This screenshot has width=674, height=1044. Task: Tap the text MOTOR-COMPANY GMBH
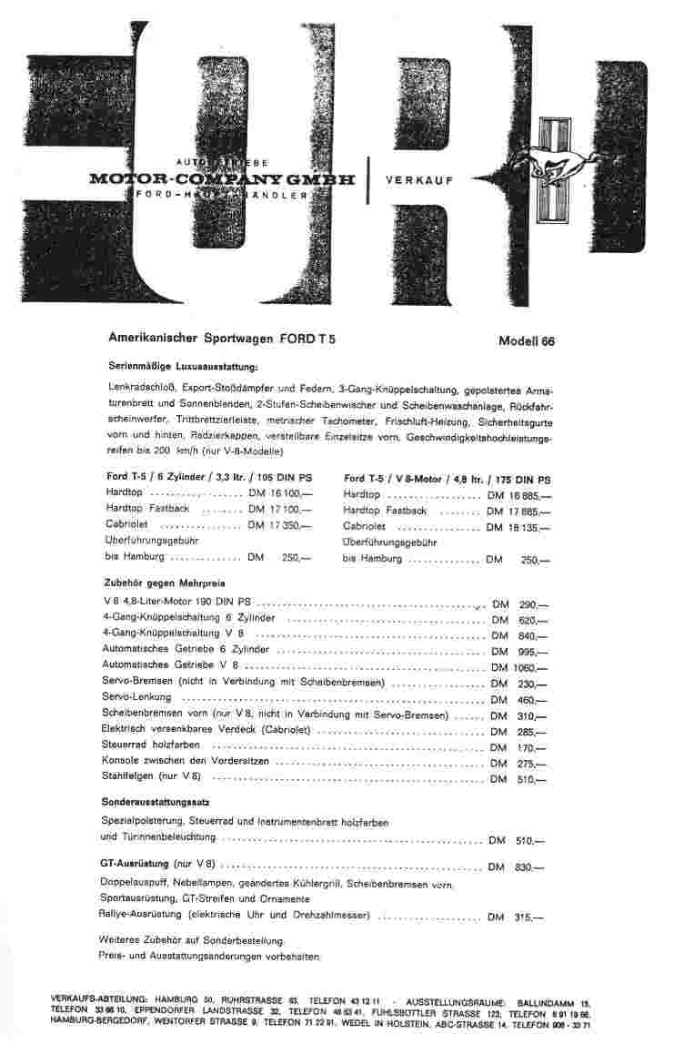222,179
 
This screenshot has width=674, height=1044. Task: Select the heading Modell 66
526,342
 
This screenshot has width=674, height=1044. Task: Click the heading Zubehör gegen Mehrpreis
165,582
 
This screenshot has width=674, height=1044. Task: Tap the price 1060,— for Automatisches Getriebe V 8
532,666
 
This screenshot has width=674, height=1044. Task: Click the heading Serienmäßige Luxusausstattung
183,366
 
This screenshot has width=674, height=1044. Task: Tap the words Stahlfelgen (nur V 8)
153,775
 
